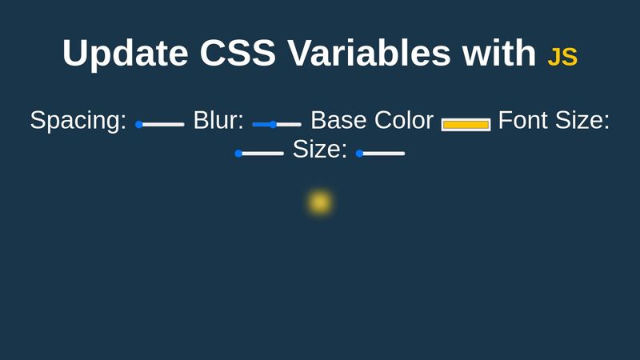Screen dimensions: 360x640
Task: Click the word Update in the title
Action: [124, 53]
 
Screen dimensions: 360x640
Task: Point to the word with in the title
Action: [498, 53]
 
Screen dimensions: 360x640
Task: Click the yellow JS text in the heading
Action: [562, 58]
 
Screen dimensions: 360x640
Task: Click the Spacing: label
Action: [78, 121]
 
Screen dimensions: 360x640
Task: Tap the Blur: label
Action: [218, 121]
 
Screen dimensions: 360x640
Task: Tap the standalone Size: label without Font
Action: [320, 150]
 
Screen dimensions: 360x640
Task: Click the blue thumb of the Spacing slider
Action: [139, 124]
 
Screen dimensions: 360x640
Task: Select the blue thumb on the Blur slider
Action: [273, 124]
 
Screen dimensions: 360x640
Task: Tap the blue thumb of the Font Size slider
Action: [238, 153]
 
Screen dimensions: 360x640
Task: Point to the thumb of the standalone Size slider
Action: [359, 153]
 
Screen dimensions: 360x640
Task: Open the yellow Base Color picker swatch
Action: [466, 124]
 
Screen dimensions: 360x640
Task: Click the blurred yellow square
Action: [320, 202]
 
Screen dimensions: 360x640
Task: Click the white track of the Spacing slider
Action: [164, 124]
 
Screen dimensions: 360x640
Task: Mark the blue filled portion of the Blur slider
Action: [262, 124]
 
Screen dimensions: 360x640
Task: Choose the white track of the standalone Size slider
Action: [384, 153]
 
